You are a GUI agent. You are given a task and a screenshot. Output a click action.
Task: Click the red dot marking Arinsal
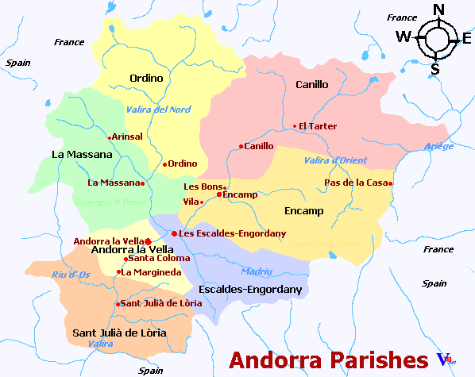[110, 137]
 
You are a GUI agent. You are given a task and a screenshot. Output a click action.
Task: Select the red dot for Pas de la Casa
[390, 184]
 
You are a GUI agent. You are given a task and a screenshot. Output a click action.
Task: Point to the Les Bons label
[203, 187]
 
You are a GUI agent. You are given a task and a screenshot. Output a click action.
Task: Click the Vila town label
[191, 202]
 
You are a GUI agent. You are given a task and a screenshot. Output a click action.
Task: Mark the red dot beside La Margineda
[118, 272]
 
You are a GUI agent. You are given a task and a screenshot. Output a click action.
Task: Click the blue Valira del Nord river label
[158, 110]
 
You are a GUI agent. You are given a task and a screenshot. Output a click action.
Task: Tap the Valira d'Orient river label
[335, 160]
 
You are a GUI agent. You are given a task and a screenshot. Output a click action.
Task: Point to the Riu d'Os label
[69, 275]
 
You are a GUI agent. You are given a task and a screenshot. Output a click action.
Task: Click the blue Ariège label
[439, 146]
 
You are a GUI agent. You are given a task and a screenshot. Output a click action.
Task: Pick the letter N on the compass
[438, 10]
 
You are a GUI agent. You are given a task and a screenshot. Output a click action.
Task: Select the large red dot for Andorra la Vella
[149, 240]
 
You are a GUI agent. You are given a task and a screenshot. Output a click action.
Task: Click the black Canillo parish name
[311, 84]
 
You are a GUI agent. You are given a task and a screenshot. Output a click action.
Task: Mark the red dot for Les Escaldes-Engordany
[174, 233]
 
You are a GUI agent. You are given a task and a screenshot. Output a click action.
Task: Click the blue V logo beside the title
[443, 360]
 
